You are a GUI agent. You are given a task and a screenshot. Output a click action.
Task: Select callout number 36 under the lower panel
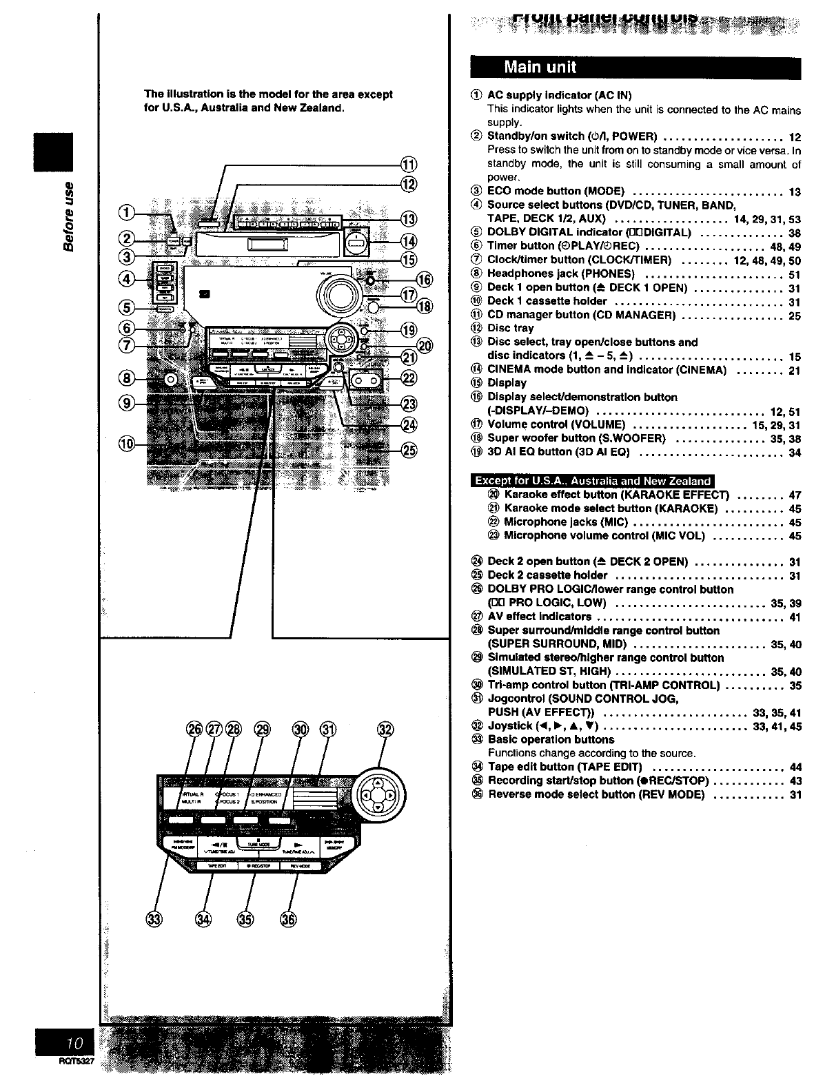click(288, 918)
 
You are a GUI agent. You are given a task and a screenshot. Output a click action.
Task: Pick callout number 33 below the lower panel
click(155, 918)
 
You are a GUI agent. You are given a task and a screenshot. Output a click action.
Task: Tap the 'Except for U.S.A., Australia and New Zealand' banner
click(593, 481)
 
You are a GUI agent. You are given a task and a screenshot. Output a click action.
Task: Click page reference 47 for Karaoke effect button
click(795, 495)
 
